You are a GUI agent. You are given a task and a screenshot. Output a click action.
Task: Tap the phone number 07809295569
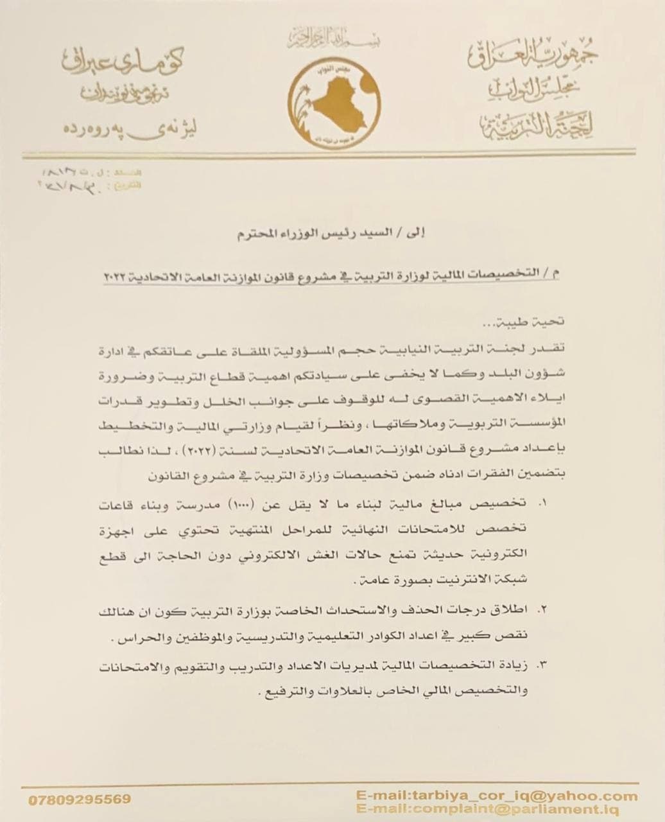tap(80, 800)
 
